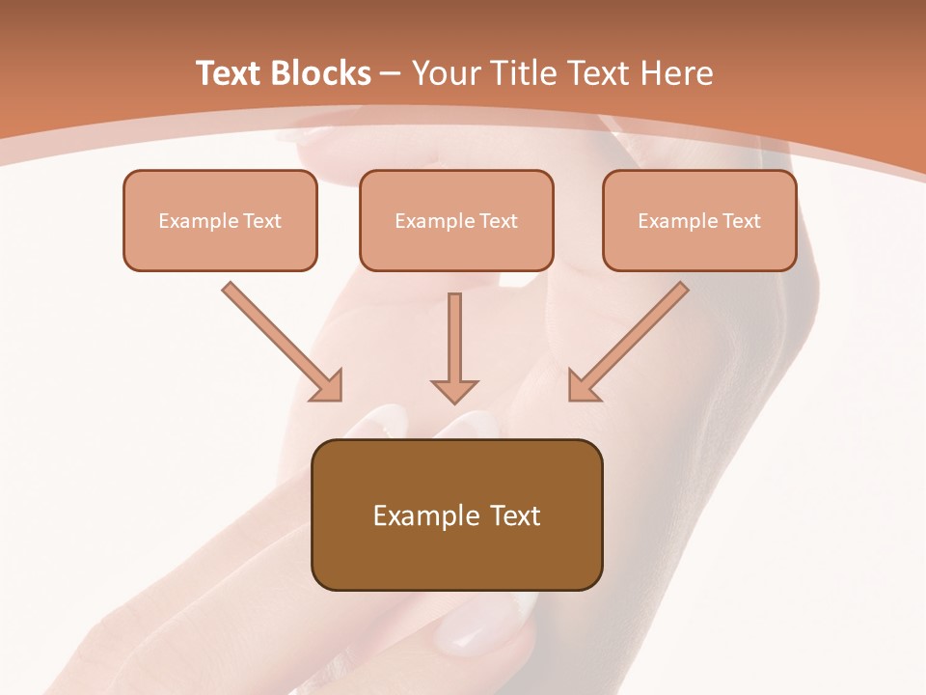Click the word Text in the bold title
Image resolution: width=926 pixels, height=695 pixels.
[228, 73]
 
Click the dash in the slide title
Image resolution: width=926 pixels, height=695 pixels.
[391, 74]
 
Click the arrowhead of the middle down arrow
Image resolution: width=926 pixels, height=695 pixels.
[454, 390]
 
